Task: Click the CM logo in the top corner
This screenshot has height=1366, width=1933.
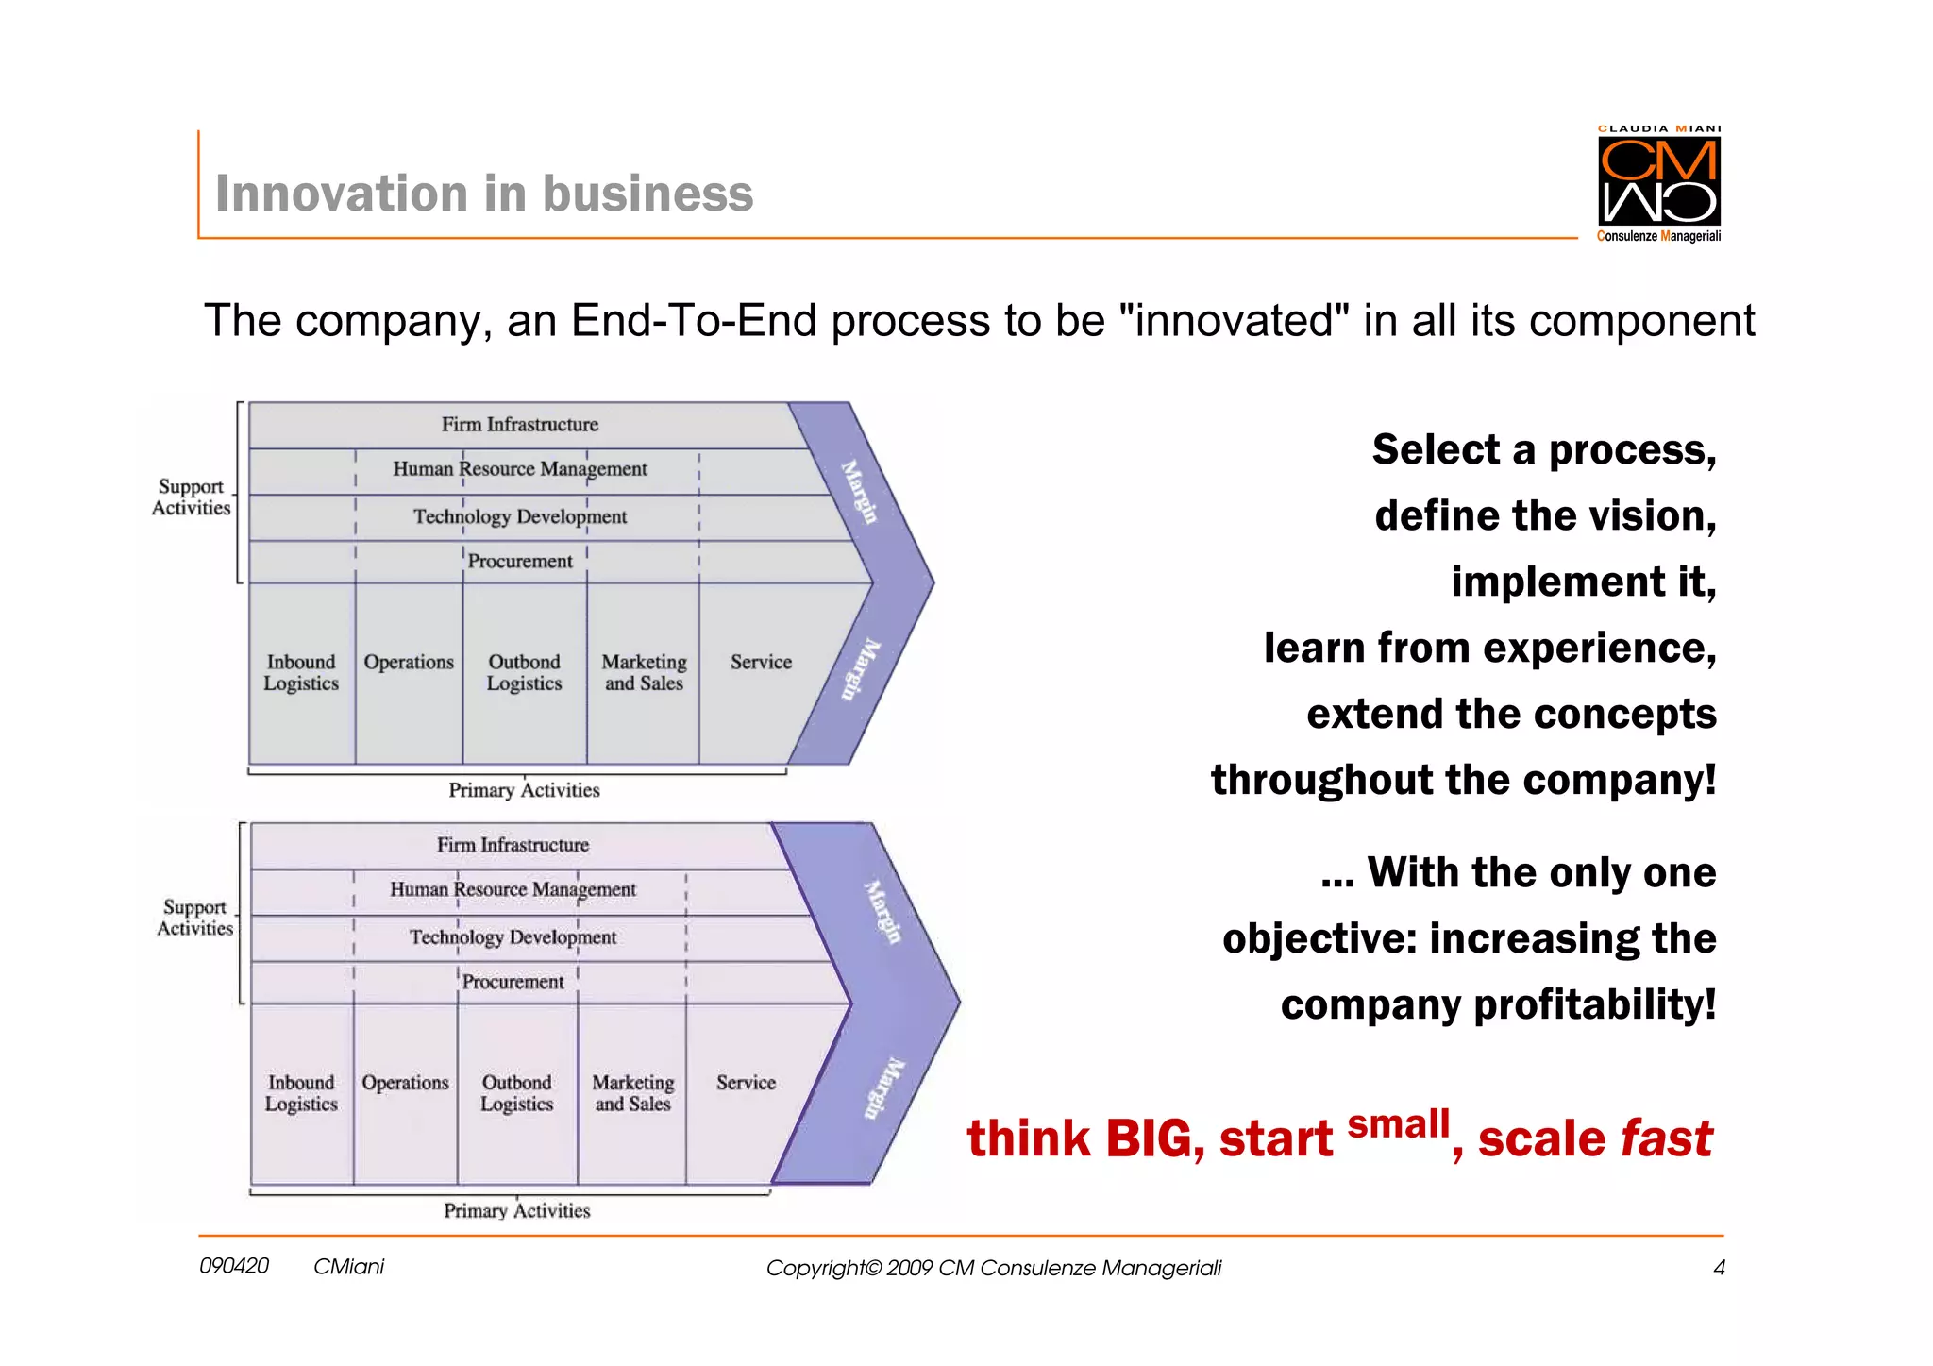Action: [1658, 181]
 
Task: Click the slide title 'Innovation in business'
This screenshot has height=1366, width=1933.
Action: [484, 194]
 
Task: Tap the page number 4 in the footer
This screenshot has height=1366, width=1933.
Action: [1719, 1268]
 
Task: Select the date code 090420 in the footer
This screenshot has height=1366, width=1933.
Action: [234, 1266]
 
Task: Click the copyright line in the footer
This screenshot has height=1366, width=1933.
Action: [993, 1268]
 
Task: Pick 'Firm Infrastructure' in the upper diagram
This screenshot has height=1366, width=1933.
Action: [520, 425]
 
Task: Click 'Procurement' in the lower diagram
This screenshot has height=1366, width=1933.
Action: [513, 982]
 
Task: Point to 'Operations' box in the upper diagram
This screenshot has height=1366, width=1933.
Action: [409, 663]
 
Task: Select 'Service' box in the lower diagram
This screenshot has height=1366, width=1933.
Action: [746, 1083]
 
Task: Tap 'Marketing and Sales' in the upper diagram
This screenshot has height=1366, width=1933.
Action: [644, 672]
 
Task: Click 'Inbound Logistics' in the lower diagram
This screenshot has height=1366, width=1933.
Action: [301, 1093]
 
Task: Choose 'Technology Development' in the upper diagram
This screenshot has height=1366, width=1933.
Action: [520, 516]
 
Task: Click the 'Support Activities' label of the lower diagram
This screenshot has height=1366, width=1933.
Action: [194, 918]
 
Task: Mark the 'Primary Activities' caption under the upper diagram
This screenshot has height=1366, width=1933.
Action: [524, 790]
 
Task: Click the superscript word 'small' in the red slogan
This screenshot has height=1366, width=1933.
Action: [1398, 1124]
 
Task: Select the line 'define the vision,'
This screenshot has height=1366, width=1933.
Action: [1545, 516]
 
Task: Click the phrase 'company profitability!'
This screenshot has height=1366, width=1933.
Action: [1498, 1004]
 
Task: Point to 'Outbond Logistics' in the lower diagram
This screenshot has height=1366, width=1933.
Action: [516, 1093]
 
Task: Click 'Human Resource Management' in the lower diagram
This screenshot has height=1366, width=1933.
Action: [513, 889]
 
